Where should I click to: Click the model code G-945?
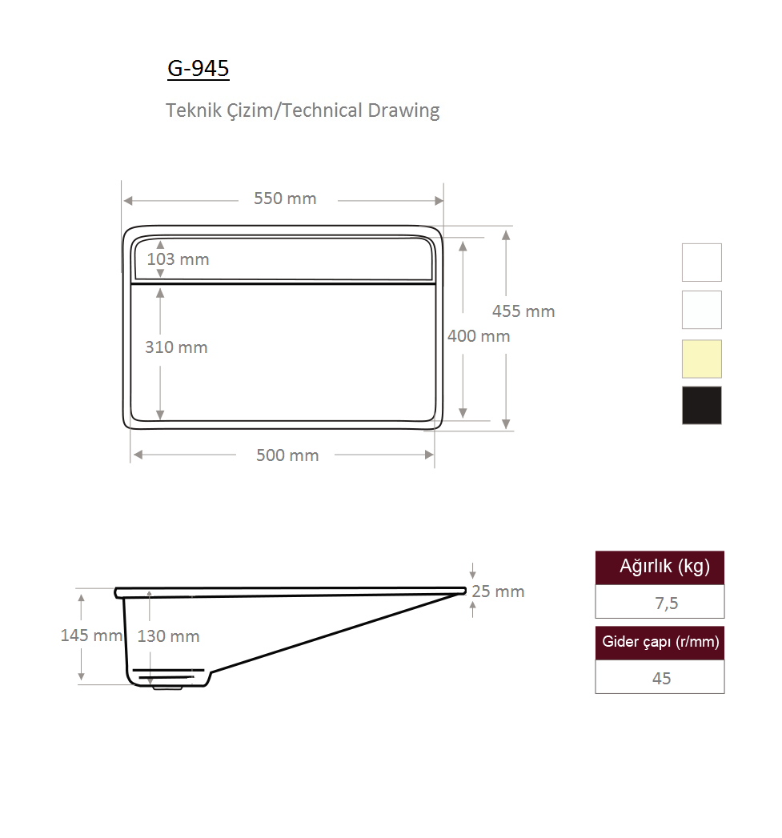tap(199, 68)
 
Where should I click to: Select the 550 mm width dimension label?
tap(285, 198)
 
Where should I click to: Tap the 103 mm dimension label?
tap(178, 259)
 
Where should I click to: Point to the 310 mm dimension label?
tap(176, 347)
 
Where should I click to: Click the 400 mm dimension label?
tap(479, 336)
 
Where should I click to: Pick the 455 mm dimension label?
tap(523, 311)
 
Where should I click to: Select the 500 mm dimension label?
tap(287, 455)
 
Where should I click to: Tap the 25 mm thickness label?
tap(498, 591)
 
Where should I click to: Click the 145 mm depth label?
tap(91, 636)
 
